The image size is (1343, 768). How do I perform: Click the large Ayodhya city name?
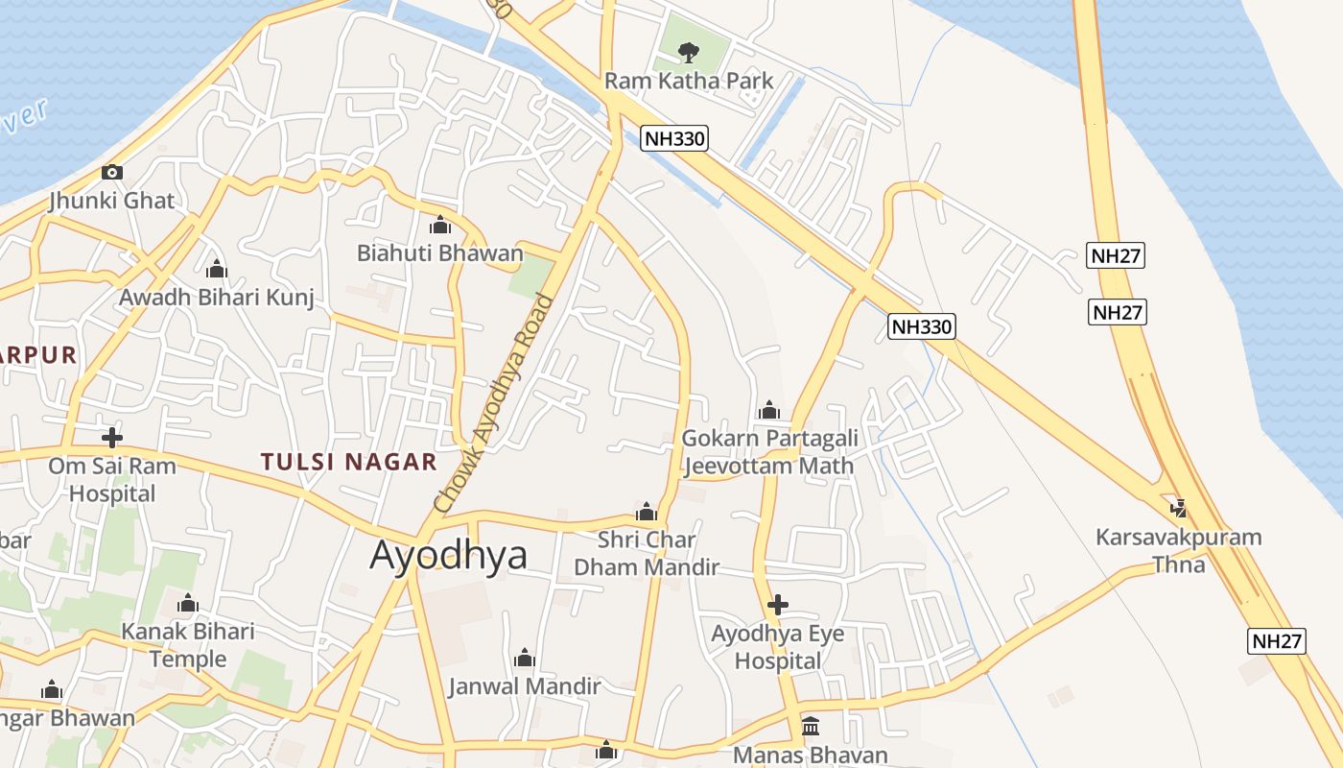click(448, 555)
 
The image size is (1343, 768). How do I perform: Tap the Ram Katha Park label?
click(688, 81)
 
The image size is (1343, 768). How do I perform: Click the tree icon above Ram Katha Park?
click(688, 52)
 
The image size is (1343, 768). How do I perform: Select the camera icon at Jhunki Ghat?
click(112, 173)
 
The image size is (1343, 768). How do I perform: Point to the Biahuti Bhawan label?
click(440, 253)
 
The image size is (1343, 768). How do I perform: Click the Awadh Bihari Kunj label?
click(216, 298)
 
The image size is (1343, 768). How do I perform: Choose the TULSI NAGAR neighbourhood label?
click(348, 462)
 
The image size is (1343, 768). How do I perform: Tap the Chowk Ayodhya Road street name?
click(493, 403)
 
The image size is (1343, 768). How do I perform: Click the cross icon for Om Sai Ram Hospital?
click(112, 438)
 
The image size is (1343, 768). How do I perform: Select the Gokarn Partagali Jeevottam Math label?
click(768, 452)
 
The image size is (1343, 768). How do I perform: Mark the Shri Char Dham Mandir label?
click(647, 553)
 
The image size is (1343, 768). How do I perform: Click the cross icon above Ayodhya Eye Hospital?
click(778, 605)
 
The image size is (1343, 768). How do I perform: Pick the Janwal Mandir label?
click(524, 686)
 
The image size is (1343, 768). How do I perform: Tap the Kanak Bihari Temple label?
click(188, 645)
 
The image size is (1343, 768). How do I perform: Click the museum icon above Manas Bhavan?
click(811, 726)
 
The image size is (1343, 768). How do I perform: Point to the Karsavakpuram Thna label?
click(1179, 550)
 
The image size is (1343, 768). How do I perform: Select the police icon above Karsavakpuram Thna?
click(1179, 508)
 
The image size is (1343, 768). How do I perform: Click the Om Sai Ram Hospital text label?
click(112, 480)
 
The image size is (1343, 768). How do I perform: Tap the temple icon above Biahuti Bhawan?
click(440, 226)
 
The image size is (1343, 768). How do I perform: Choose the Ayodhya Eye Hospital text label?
click(778, 647)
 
